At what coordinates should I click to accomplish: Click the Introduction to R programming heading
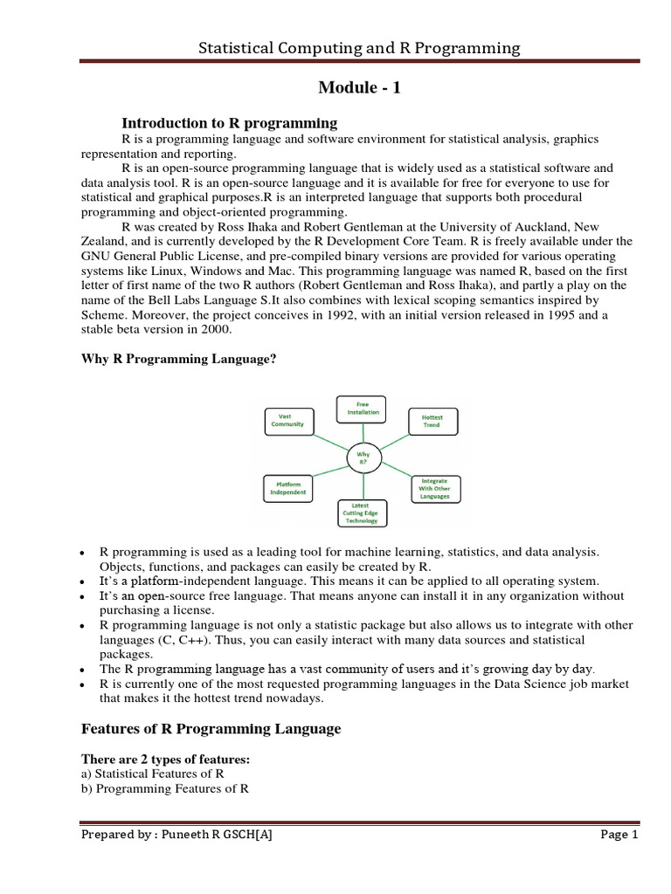click(229, 122)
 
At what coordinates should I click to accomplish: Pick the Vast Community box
click(288, 421)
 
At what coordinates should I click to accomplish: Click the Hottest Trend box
click(432, 422)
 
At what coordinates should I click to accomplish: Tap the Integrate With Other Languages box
click(436, 489)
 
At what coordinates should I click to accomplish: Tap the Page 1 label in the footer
click(619, 835)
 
